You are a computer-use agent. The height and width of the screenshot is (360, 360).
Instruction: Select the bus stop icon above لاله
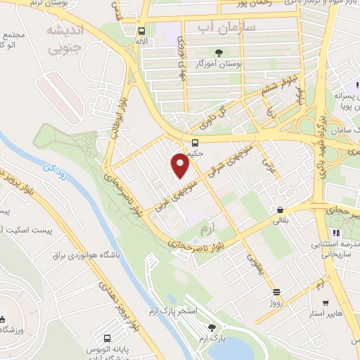click(x=143, y=31)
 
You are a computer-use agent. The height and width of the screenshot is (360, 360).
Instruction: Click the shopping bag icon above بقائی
click(x=281, y=210)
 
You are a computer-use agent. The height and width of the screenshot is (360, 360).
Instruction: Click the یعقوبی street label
click(x=255, y=263)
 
